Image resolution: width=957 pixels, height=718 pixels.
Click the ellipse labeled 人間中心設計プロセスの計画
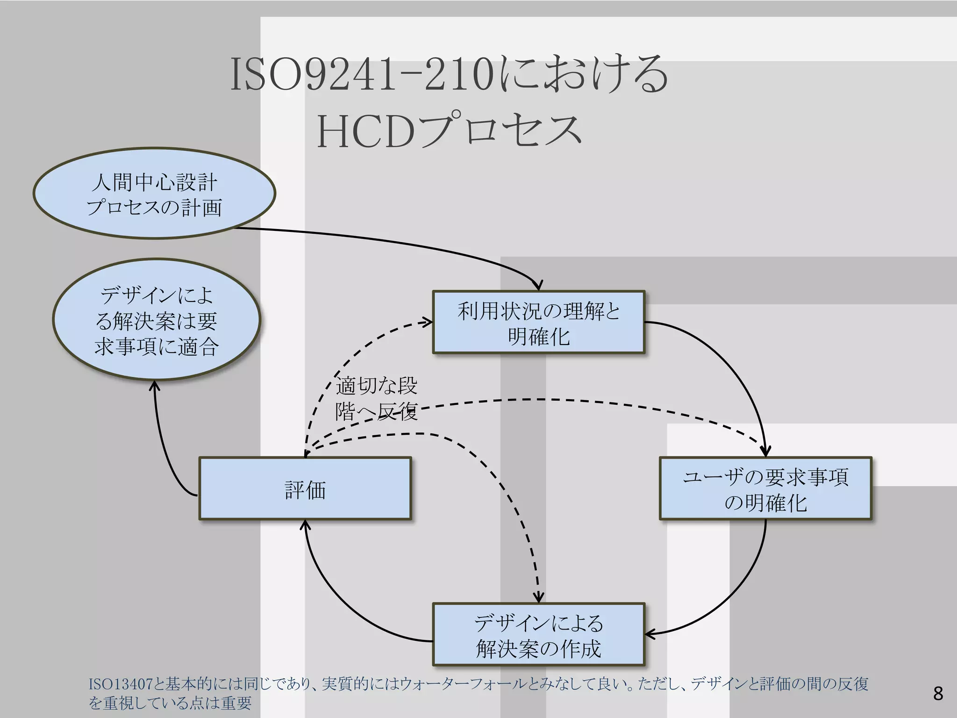[154, 194]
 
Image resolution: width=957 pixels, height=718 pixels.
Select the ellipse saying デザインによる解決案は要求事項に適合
[156, 320]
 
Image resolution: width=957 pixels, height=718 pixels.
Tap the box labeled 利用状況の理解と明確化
[538, 323]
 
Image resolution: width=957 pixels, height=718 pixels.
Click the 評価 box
[305, 489]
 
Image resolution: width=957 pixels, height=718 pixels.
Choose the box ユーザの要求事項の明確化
[765, 489]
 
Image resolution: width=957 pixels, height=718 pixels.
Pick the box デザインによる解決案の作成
[538, 635]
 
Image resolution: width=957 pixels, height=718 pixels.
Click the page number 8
[938, 693]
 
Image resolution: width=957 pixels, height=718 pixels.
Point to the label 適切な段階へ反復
[376, 398]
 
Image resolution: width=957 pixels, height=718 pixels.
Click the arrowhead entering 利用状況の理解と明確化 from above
[538, 286]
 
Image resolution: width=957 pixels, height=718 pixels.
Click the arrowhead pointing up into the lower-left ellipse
[155, 386]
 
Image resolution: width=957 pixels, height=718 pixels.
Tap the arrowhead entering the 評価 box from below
[305, 525]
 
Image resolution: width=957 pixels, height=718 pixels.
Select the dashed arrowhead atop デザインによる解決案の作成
[539, 597]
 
